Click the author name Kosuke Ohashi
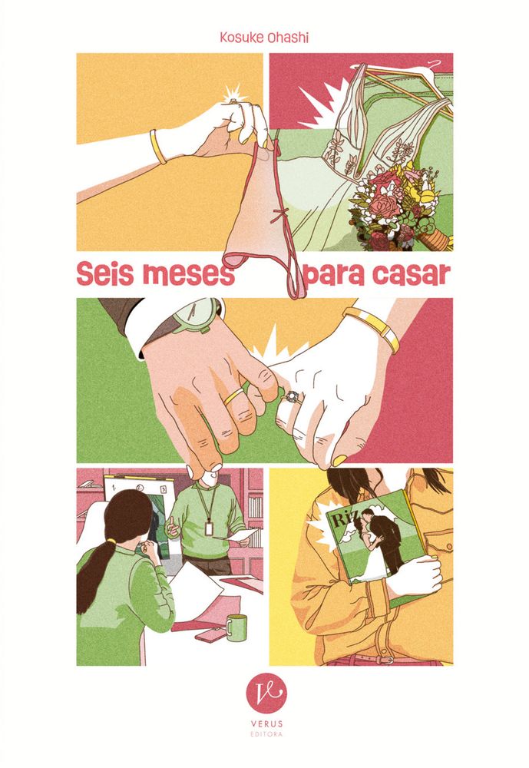pyautogui.click(x=264, y=38)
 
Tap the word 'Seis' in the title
pyautogui.click(x=104, y=275)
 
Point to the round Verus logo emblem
pyautogui.click(x=266, y=694)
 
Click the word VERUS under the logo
pyautogui.click(x=266, y=723)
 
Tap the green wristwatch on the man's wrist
pyautogui.click(x=196, y=314)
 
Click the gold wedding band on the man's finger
pyautogui.click(x=233, y=396)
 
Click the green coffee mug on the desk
pyautogui.click(x=236, y=627)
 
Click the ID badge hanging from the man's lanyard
pyautogui.click(x=209, y=528)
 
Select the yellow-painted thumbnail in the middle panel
pyautogui.click(x=339, y=460)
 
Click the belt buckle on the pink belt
pyautogui.click(x=387, y=659)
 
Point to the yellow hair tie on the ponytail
pyautogui.click(x=112, y=541)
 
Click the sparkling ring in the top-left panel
pyautogui.click(x=233, y=101)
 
